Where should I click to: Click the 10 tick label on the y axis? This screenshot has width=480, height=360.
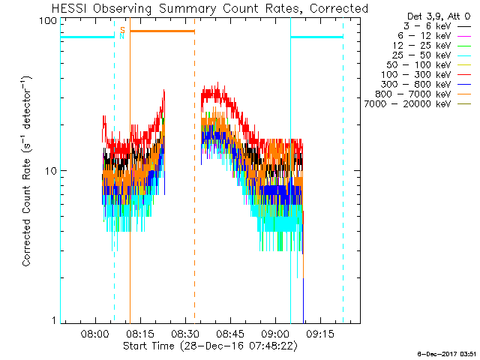click(x=51, y=171)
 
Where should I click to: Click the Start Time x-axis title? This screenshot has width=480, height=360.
click(x=211, y=347)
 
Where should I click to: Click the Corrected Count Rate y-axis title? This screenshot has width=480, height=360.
click(x=27, y=171)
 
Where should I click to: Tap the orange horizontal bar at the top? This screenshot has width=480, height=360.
click(x=162, y=31)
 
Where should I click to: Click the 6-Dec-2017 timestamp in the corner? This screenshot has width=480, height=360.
click(x=447, y=352)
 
